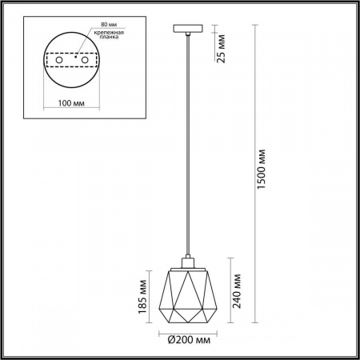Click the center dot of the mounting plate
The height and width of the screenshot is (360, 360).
click(74, 58)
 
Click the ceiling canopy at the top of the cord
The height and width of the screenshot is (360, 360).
click(186, 30)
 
